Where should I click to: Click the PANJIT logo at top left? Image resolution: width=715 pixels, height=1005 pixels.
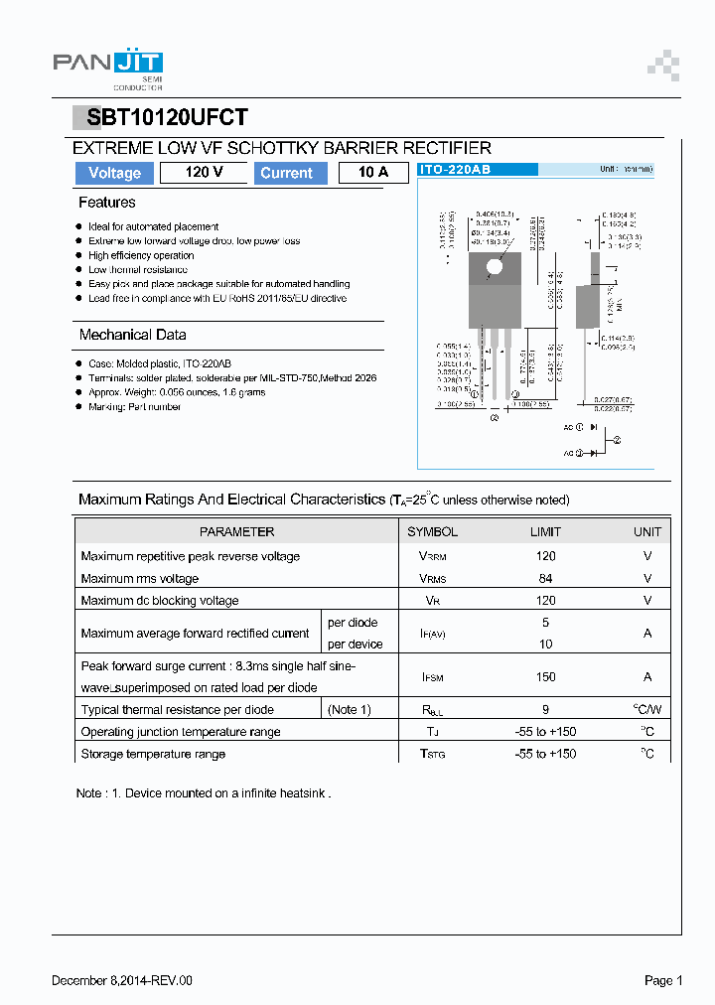tap(107, 66)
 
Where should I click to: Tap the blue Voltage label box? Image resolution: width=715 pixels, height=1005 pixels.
tap(114, 173)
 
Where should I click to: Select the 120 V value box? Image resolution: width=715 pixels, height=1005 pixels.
tap(204, 173)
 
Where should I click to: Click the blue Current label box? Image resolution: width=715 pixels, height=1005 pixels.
tap(286, 173)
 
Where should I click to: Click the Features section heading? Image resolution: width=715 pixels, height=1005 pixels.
tap(107, 203)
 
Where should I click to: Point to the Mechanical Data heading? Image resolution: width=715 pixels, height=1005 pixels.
tap(132, 335)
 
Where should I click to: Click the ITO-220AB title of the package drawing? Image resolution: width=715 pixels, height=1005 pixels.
tap(455, 170)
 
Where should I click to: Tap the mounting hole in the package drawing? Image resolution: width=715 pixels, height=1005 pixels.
tap(495, 265)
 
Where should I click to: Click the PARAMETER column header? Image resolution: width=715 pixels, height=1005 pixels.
tap(236, 532)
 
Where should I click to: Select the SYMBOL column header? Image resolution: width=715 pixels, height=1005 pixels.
tap(432, 532)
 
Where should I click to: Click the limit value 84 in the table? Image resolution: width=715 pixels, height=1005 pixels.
tap(545, 578)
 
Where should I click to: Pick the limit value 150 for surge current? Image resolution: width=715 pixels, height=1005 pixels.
tap(545, 676)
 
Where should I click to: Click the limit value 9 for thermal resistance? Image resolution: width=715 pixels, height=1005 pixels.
tap(545, 710)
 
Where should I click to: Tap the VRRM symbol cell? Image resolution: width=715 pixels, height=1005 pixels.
tap(432, 556)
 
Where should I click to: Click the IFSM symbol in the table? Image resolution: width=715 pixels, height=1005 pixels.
tap(432, 676)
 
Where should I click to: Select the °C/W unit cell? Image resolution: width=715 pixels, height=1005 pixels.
tap(646, 710)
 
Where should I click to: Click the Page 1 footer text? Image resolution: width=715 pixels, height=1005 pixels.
tap(663, 980)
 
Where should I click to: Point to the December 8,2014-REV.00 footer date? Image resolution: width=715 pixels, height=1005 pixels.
tap(122, 980)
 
